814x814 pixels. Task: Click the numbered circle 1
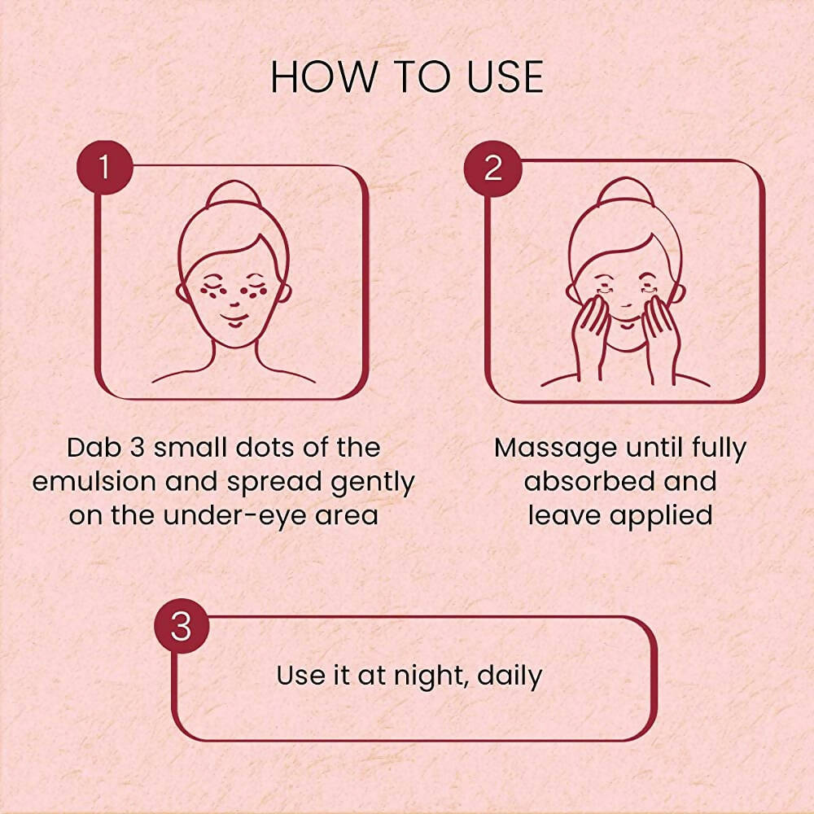click(x=105, y=167)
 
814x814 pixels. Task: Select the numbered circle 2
click(x=492, y=168)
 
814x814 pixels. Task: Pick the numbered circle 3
click(x=182, y=626)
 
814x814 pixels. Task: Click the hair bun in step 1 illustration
click(x=234, y=195)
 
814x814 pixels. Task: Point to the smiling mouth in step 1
click(x=234, y=319)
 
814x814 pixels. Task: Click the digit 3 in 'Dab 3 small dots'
click(x=137, y=448)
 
